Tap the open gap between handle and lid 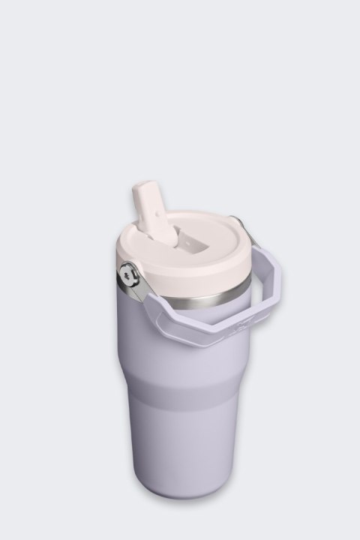247,292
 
